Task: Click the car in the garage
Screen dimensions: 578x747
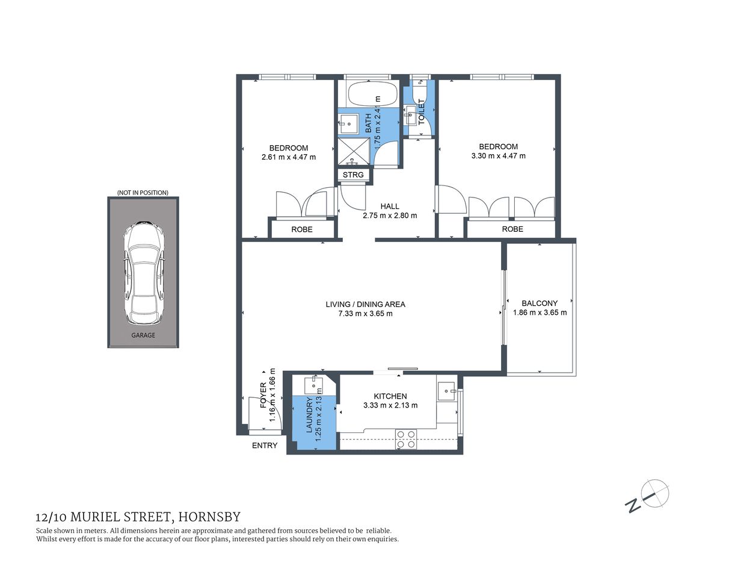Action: pos(143,274)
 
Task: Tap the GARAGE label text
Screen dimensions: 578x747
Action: pos(143,335)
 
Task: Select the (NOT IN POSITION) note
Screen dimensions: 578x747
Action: pos(143,193)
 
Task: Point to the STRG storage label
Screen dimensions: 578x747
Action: pos(353,175)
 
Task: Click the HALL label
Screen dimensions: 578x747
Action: pos(390,207)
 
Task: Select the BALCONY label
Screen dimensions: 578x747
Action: pos(539,303)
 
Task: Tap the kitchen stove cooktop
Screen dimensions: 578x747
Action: pos(406,440)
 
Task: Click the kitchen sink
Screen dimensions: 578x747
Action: pos(447,391)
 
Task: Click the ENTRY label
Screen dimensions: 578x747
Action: pos(265,446)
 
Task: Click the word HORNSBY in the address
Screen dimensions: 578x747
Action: pos(210,517)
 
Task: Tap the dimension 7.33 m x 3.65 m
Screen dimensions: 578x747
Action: pos(365,314)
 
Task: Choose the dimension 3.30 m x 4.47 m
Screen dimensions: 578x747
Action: pos(498,156)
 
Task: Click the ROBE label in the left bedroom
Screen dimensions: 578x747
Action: pos(302,229)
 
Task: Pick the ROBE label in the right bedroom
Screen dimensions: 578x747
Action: pos(512,229)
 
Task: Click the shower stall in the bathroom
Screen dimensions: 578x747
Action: pos(353,152)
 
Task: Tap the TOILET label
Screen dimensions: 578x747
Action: pos(422,112)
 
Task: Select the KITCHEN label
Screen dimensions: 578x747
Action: pos(390,396)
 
